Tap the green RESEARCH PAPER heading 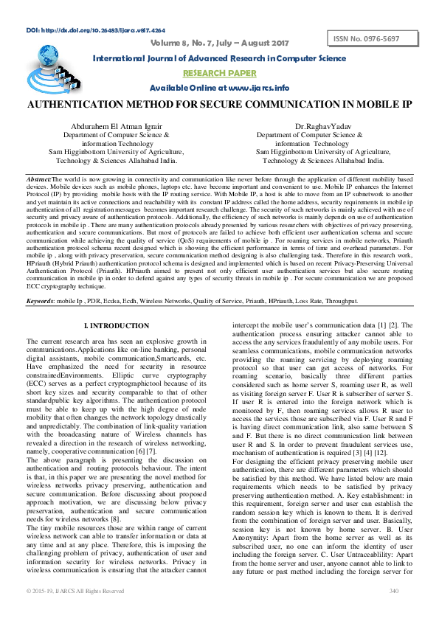tap(220, 73)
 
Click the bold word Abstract tap(38, 180)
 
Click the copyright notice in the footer tap(75, 612)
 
